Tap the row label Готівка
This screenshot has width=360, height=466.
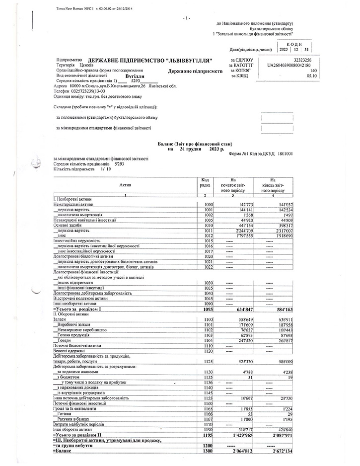[65, 413]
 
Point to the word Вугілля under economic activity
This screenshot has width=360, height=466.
[135, 77]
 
